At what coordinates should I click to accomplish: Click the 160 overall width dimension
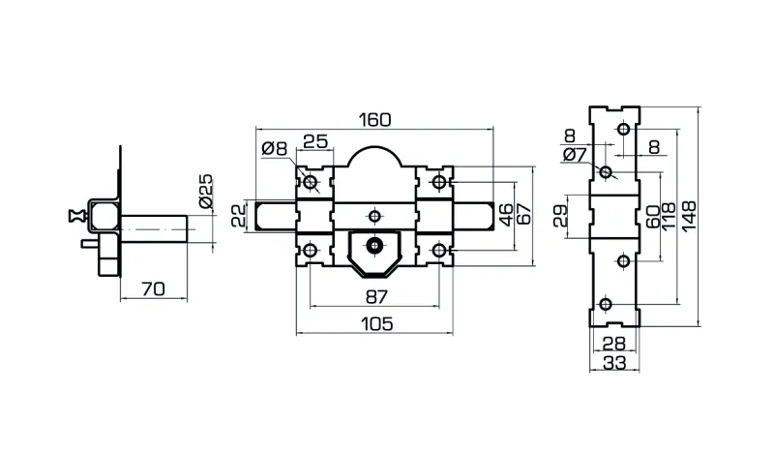click(x=373, y=120)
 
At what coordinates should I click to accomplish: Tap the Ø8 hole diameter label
click(x=275, y=148)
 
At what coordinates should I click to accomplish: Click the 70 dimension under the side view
click(x=152, y=288)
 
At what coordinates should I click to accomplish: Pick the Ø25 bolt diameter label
click(x=204, y=191)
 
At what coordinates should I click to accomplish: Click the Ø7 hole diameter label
click(x=573, y=154)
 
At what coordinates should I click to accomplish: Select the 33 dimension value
click(x=611, y=363)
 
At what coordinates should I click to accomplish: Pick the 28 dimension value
click(x=611, y=344)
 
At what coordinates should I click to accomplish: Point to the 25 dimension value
click(x=314, y=140)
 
